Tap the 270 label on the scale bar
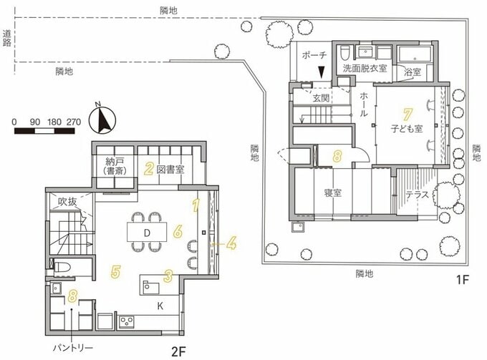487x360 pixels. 72,122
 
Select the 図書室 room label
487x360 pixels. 172,170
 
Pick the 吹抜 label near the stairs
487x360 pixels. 68,201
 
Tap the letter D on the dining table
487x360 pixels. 146,233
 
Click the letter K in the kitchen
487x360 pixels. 160,305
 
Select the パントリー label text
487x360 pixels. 74,346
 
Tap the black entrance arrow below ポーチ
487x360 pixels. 322,72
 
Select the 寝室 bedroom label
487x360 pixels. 332,193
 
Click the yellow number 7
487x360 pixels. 407,115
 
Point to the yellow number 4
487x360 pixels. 231,244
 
